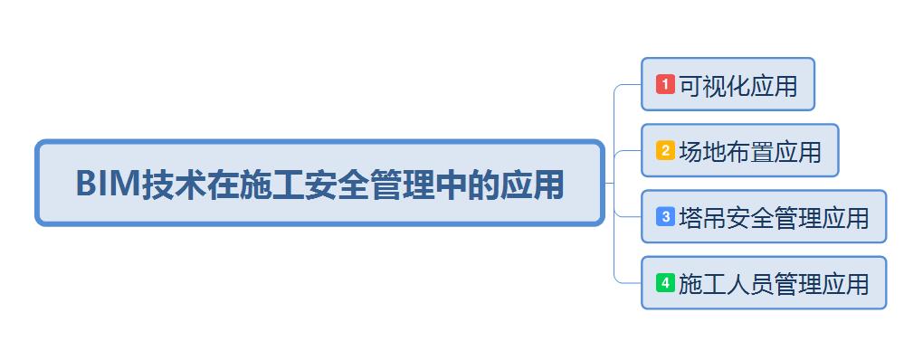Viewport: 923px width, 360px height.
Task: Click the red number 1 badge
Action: click(665, 84)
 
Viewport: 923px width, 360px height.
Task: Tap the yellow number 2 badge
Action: click(665, 150)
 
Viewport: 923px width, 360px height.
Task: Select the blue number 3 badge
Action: click(665, 216)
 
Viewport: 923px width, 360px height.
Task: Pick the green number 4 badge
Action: click(665, 282)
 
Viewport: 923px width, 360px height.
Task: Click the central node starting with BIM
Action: click(319, 183)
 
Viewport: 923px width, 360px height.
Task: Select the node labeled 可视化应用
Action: click(728, 84)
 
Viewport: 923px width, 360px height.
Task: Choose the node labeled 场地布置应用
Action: click(739, 150)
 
